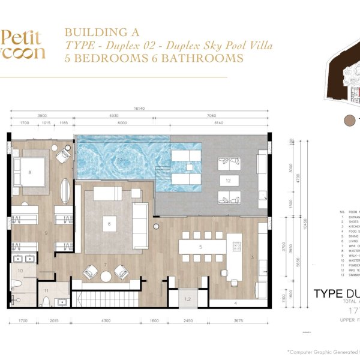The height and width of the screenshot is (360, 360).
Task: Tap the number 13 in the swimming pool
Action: point(120,160)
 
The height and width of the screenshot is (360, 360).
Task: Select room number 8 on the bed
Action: point(29,172)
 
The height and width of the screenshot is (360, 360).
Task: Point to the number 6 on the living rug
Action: point(109,225)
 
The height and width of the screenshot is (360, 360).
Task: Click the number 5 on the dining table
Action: point(200,247)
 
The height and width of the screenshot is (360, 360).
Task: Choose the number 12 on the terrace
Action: point(228,180)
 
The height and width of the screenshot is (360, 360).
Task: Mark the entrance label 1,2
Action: point(187,298)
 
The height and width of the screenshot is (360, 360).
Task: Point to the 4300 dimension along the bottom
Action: point(108,321)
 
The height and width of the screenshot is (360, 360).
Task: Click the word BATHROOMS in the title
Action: point(203,58)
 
